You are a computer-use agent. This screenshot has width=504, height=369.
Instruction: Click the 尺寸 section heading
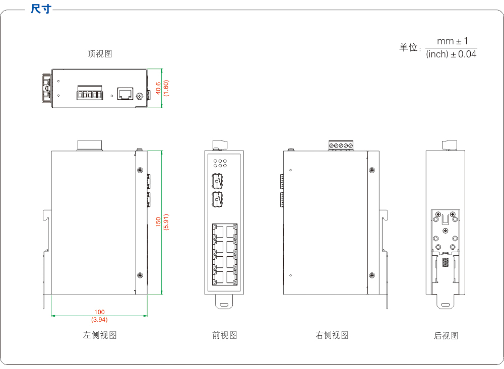point(40,9)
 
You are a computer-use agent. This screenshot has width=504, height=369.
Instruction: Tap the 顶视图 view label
point(100,54)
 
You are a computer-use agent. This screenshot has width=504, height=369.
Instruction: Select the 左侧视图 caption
point(100,335)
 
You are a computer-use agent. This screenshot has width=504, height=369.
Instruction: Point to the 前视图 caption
point(224,335)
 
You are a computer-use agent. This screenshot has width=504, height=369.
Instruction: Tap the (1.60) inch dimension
point(166,88)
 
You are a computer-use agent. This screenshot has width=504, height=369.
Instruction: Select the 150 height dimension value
point(158,222)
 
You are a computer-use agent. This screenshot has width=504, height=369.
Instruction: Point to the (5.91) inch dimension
point(166,222)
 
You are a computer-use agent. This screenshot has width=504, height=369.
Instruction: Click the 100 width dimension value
point(99,312)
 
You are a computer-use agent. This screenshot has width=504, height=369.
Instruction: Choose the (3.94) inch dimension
point(99,319)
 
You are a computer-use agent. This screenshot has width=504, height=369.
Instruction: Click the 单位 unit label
point(409,47)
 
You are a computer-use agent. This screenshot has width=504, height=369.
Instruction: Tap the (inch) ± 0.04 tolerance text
point(451,54)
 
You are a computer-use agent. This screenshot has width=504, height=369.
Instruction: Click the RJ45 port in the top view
point(124,93)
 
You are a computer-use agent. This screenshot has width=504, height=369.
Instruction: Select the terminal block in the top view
point(90,94)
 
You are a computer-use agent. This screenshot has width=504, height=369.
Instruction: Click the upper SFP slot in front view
point(218,180)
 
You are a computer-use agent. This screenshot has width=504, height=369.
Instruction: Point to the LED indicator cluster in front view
point(220,163)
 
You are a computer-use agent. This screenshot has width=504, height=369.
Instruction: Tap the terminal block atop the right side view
point(341,146)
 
